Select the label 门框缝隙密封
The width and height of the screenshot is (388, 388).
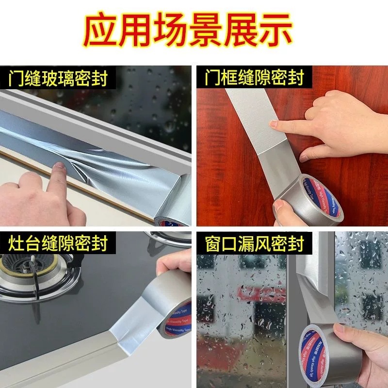point(254,78)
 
